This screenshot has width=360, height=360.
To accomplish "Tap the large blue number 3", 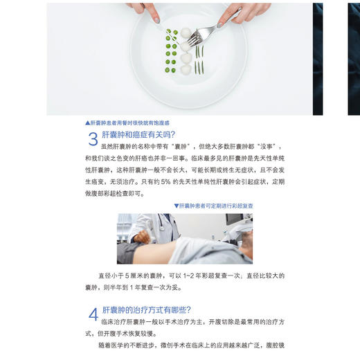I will pyautogui.click(x=93, y=139).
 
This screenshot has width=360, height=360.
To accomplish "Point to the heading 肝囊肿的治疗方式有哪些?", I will pyautogui.click(x=146, y=309).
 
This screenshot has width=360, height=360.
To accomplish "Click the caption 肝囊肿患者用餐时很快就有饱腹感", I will pyautogui.click(x=132, y=123).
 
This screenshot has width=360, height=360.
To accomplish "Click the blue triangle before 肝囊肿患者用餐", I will pyautogui.click(x=87, y=123).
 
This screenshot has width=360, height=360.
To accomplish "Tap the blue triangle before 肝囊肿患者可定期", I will pyautogui.click(x=177, y=206).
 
